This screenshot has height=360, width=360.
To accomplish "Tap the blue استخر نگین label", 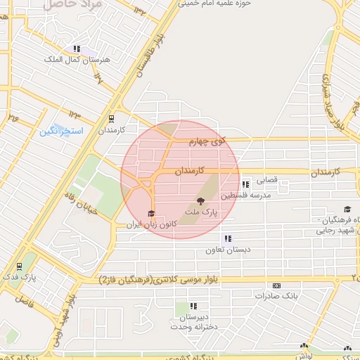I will coord(61,131).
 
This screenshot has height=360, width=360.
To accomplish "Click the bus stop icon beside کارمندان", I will coord(111,119).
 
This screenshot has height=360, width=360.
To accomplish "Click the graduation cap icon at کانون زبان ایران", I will coord(150,214).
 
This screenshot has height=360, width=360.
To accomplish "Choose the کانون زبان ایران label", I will coord(148,225).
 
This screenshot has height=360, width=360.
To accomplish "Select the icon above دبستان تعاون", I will coord(226,238).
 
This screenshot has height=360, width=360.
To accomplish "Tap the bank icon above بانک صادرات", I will coord(276,285).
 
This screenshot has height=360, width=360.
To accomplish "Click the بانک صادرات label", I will coord(276,296).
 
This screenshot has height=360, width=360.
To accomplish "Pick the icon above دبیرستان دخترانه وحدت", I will coord(193,306).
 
